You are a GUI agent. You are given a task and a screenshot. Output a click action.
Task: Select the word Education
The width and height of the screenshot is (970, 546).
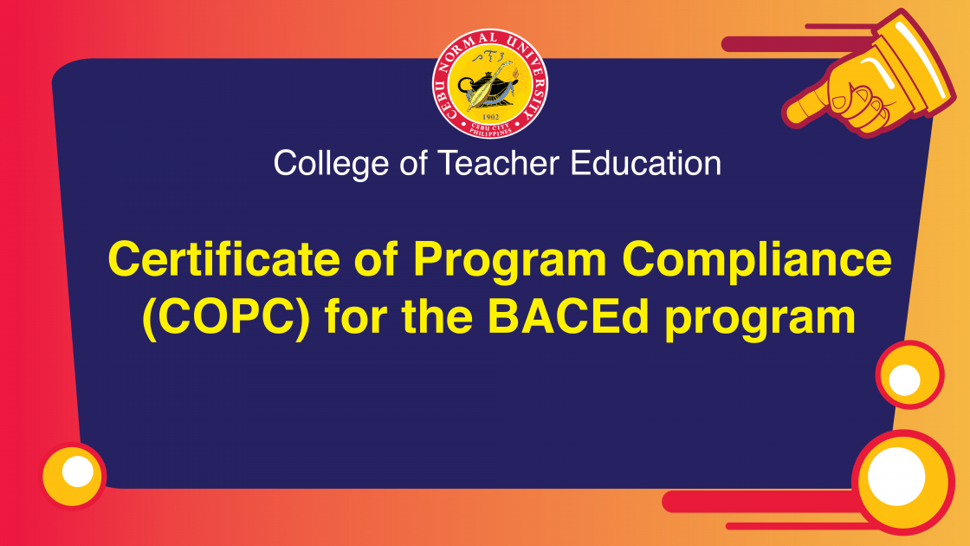coord(646,164)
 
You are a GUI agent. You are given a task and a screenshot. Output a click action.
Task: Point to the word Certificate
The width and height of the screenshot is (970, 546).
coord(224,259)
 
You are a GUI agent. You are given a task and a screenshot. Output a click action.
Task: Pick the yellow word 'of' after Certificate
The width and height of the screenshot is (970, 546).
coord(376,259)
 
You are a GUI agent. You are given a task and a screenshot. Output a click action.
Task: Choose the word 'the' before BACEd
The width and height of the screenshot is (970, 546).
coord(437,316)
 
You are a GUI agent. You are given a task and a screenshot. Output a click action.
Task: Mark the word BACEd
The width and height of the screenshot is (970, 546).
coord(568,316)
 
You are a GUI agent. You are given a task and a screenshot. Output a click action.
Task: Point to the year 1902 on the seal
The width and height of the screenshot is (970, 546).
coord(490,117)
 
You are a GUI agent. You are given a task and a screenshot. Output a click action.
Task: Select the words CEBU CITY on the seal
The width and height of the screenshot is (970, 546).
coord(490,127)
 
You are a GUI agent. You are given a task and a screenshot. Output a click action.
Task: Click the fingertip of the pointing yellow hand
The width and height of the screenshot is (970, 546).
coord(789,115)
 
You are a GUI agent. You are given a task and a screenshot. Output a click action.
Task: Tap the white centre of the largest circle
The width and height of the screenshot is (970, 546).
coord(896,477)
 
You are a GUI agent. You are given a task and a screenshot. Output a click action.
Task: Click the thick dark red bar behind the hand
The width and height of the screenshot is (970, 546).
coord(798,44)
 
